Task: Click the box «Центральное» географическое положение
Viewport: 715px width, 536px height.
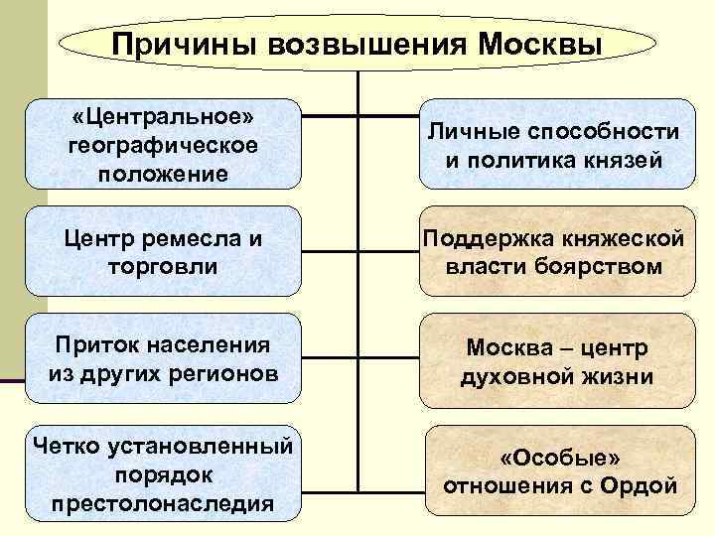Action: coord(163,145)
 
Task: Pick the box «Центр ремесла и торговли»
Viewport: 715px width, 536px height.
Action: coord(163,251)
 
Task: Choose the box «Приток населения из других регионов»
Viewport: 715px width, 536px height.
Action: coord(163,358)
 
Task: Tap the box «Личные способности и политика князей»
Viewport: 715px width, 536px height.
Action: coord(554,145)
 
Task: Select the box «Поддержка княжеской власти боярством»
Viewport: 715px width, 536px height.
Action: coord(554,251)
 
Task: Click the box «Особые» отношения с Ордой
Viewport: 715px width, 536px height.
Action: coord(560,472)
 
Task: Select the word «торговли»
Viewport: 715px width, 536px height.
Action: coord(163,266)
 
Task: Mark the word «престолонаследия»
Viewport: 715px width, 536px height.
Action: coord(163,501)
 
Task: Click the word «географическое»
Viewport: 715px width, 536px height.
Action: coord(163,145)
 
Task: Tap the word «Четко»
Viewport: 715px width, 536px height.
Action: coord(67,442)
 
